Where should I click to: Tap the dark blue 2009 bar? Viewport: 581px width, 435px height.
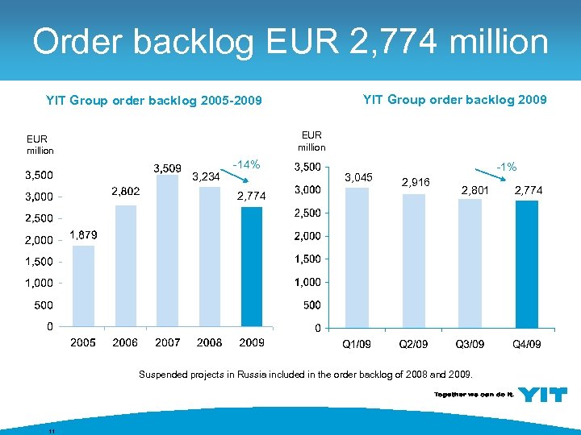(x=252, y=267)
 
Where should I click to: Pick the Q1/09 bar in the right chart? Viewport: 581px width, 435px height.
(x=356, y=258)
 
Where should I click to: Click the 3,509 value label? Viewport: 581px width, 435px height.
(x=169, y=168)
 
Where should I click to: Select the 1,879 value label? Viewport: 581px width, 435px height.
(x=83, y=234)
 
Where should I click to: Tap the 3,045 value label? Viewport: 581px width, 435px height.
(x=358, y=176)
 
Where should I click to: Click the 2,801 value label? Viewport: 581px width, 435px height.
(x=474, y=190)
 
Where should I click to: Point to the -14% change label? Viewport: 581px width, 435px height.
(x=246, y=165)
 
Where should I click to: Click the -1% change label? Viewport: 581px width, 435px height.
(x=507, y=167)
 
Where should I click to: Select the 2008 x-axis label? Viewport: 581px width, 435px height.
(x=210, y=342)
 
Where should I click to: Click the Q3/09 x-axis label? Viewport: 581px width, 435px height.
(x=471, y=344)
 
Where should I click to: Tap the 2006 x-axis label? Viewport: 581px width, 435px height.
(x=125, y=342)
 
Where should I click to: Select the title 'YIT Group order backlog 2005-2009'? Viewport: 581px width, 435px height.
(x=153, y=101)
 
